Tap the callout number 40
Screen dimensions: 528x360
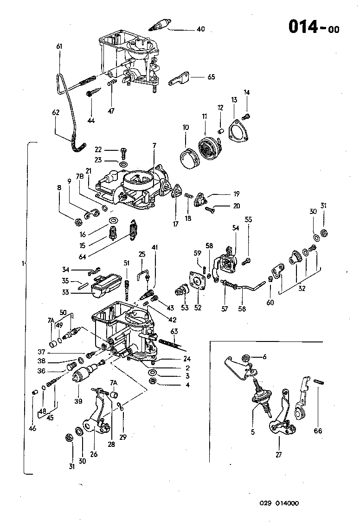[x=200, y=29]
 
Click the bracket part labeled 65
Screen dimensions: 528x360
[x=180, y=79]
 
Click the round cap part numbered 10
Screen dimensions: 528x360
[x=189, y=157]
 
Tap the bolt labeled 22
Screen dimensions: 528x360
[x=122, y=150]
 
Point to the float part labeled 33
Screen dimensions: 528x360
[x=107, y=287]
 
